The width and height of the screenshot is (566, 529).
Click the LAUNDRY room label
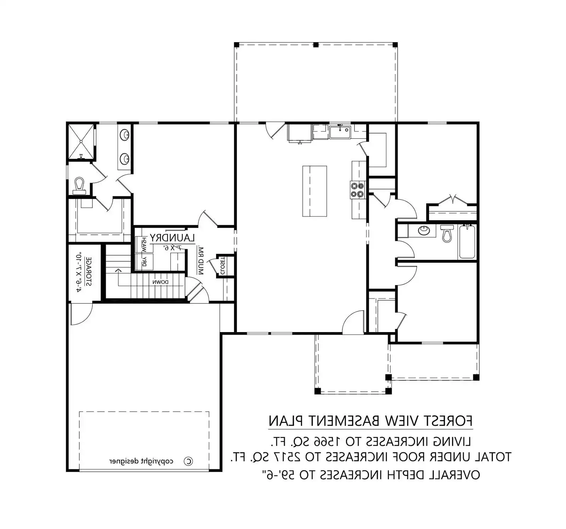coord(172,238)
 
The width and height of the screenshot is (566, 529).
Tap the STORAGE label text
coord(88,271)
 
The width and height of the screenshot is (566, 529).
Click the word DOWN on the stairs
coord(160,282)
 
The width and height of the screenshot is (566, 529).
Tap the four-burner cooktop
coord(357,190)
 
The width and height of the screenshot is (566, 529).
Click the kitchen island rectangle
coord(314,191)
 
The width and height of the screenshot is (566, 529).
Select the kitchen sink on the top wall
coord(340,132)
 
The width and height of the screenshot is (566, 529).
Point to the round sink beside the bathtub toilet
coord(423,231)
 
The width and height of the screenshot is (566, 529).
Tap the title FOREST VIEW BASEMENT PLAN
coord(370,421)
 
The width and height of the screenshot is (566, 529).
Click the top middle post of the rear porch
coord(316,45)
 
